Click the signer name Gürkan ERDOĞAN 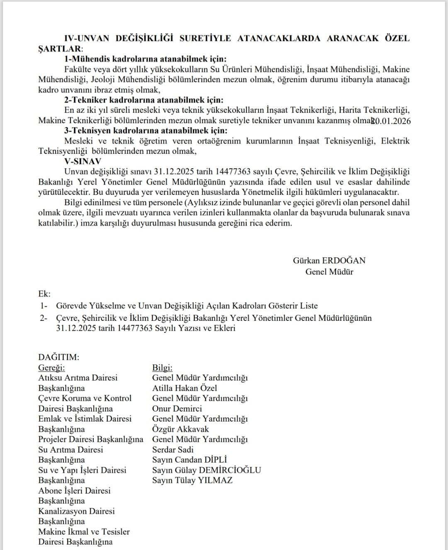329,261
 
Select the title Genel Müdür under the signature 329,272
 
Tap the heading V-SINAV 83,161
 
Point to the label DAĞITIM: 58,357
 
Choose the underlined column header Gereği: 51,368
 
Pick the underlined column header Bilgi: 162,368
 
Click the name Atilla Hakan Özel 185,388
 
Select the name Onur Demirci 177,409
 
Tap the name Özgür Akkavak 180,429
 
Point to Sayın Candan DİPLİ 190,460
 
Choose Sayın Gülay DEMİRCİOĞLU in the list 207,470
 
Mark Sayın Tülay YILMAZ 192,480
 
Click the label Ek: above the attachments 44,294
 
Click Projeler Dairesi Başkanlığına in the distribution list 91,439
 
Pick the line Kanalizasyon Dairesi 76,511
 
